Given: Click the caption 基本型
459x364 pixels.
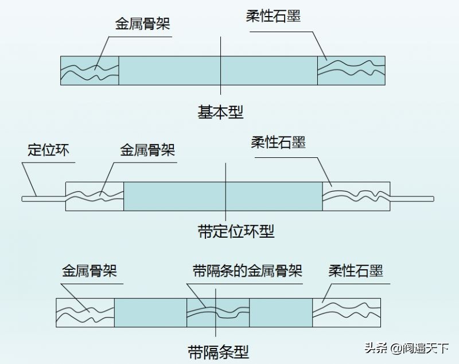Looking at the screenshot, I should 221,112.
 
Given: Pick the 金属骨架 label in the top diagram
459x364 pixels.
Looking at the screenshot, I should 143,24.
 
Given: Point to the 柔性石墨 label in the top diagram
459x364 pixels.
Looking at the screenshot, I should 273,17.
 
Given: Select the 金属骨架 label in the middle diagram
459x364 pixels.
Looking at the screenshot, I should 147,150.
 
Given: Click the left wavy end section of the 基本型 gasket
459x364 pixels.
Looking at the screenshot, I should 90,71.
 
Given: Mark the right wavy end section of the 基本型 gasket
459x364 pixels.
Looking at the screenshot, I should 351,71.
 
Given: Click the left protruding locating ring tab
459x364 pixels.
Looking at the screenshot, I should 43,198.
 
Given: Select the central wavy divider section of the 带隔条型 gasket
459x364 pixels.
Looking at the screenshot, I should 217,313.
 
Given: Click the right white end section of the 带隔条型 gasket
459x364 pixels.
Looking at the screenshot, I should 347,313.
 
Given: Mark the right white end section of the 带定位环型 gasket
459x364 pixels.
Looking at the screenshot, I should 356,197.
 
